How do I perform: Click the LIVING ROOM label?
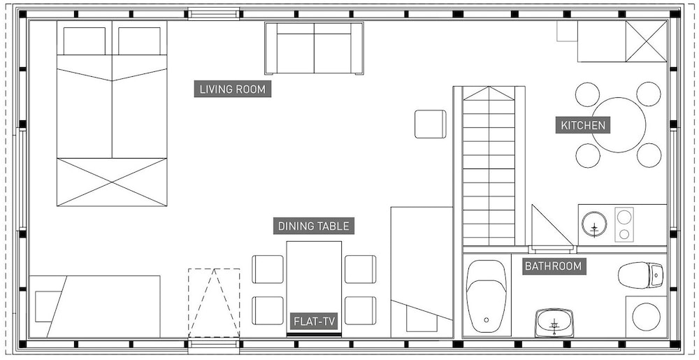point(232,89)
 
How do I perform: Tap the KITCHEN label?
point(583,125)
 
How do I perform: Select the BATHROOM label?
point(553,266)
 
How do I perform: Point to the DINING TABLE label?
point(313,226)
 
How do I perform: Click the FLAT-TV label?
point(315,322)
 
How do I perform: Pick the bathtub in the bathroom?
point(487,296)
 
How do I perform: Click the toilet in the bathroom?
point(640,275)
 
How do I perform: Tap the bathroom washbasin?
point(554,322)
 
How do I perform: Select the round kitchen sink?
point(594,223)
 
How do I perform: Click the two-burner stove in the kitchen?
point(624,224)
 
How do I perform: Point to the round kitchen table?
point(619,125)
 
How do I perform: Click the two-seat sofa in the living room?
point(314,48)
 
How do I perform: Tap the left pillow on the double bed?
point(85,41)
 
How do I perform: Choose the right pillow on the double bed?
point(139,41)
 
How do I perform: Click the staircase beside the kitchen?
point(489,166)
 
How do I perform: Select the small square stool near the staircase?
point(430,124)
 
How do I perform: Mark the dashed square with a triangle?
point(214,303)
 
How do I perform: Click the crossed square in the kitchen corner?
point(646,41)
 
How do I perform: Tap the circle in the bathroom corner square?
point(646,317)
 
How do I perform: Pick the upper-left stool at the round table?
point(588,94)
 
